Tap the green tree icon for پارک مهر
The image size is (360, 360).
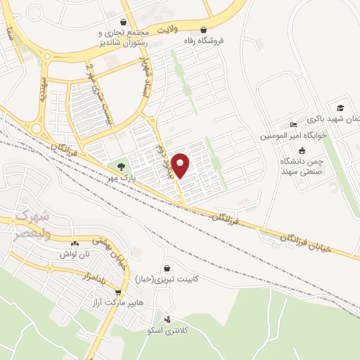point(122,167)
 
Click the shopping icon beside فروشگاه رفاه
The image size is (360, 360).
point(204,30)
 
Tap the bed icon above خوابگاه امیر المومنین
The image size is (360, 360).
point(293,126)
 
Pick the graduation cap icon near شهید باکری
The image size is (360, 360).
point(341,108)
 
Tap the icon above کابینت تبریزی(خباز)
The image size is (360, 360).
point(167,268)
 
